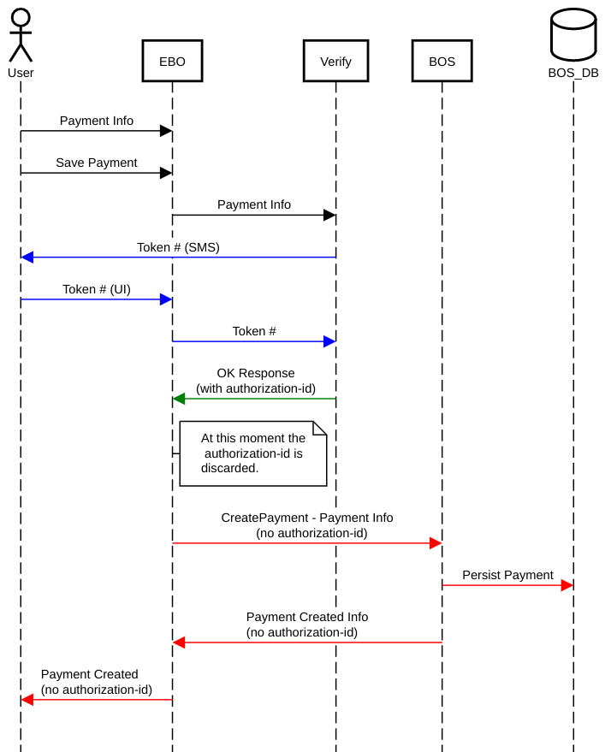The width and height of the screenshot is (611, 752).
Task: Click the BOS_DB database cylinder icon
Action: [573, 34]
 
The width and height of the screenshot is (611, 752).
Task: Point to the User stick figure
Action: [21, 35]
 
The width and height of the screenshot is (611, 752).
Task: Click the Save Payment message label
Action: [97, 163]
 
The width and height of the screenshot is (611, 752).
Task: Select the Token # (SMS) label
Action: [178, 247]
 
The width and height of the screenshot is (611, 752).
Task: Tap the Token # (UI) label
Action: [97, 289]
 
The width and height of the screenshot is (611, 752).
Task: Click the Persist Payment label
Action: [507, 575]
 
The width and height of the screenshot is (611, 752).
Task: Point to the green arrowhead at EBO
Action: [179, 399]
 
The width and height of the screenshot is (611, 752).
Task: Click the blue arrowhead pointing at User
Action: [27, 258]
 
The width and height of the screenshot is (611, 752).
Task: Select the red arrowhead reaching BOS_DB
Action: [567, 585]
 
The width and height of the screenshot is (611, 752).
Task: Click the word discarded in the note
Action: [229, 468]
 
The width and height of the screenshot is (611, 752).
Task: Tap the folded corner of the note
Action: [320, 429]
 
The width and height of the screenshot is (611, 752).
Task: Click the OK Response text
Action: [256, 373]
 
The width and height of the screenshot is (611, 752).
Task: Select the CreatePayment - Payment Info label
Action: [307, 518]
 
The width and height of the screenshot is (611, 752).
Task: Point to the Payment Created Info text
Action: [307, 617]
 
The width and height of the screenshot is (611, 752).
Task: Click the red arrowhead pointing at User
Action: [27, 700]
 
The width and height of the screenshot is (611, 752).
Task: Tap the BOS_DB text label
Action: [573, 73]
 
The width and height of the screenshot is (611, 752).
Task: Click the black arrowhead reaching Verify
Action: [329, 216]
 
